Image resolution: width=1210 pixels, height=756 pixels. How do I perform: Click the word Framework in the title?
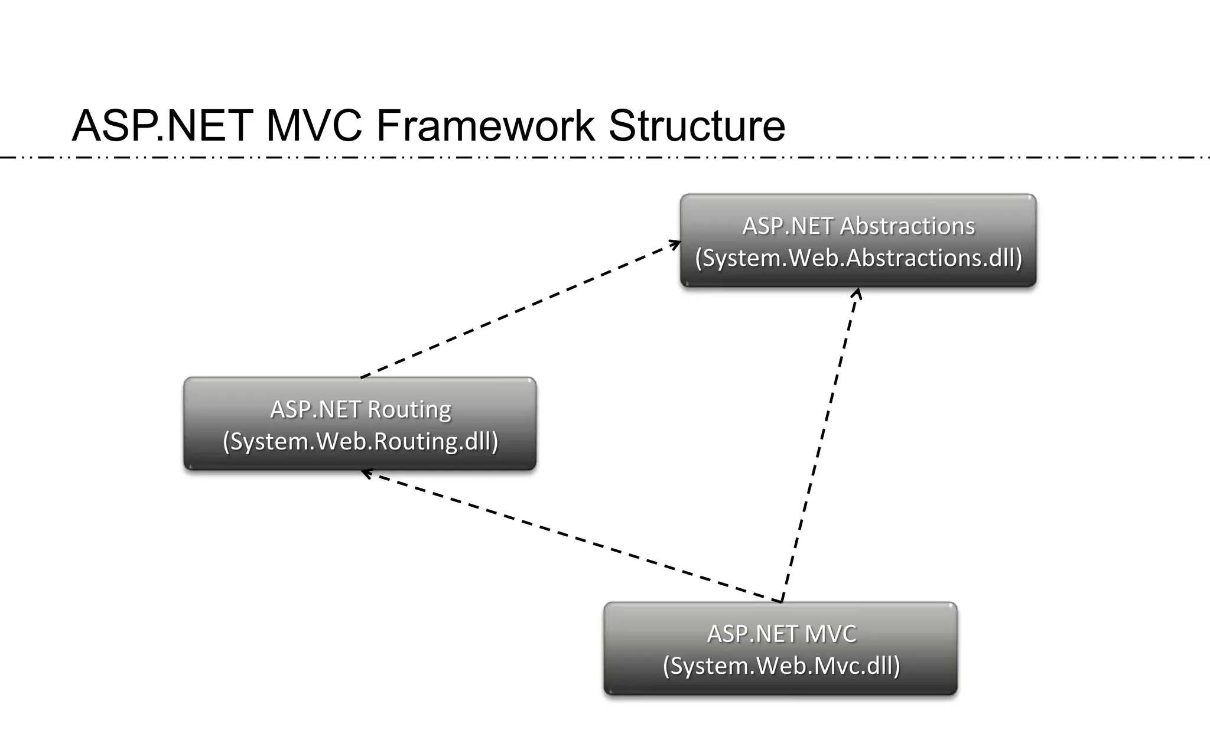tap(485, 126)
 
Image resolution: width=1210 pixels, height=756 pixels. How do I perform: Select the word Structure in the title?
tap(697, 126)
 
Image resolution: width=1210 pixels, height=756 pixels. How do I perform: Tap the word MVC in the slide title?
tap(314, 126)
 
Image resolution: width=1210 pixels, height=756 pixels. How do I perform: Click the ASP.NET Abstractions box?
tap(858, 240)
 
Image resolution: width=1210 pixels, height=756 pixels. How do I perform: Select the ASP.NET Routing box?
tap(360, 423)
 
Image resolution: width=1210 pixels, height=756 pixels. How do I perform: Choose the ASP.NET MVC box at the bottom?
tap(780, 649)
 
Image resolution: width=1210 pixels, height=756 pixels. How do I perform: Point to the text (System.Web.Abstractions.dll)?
tap(858, 258)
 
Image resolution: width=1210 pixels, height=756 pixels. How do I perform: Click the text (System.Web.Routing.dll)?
tap(360, 441)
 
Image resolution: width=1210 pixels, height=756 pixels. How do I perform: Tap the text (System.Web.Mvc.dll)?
tap(781, 666)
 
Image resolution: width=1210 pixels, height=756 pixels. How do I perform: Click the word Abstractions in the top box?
tap(907, 226)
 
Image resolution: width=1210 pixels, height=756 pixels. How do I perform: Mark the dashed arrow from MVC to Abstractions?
tap(820, 444)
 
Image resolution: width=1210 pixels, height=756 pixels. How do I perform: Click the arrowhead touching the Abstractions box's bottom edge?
tap(857, 293)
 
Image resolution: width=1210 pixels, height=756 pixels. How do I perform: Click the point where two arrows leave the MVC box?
tap(781, 601)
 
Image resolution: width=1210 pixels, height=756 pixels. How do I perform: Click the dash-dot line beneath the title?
tap(605, 158)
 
